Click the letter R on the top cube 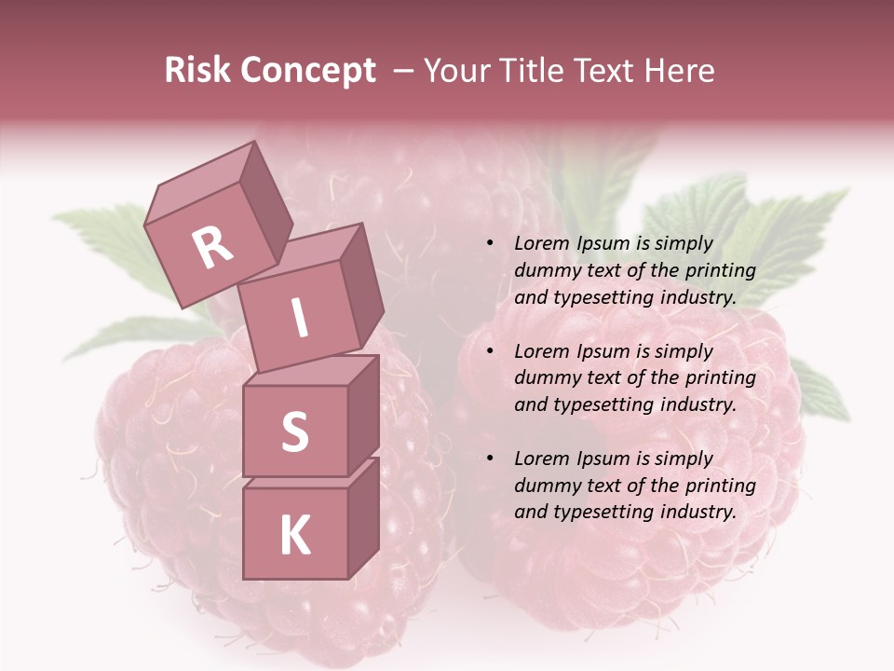click(212, 247)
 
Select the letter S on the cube click(294, 432)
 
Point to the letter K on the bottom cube click(294, 535)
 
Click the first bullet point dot click(490, 244)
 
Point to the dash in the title click(404, 71)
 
